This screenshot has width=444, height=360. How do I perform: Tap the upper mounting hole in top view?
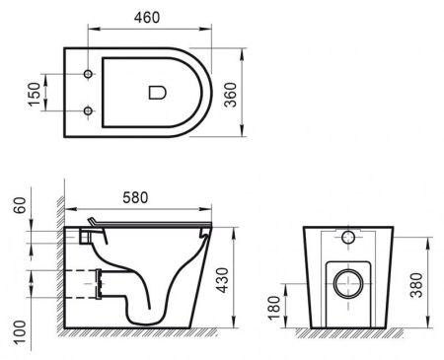[89, 76]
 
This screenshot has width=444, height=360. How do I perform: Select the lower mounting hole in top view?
[89, 110]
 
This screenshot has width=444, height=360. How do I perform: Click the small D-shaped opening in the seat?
[156, 94]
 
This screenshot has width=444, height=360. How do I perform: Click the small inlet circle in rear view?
[347, 238]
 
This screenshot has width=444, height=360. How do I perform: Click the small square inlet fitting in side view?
[84, 238]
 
